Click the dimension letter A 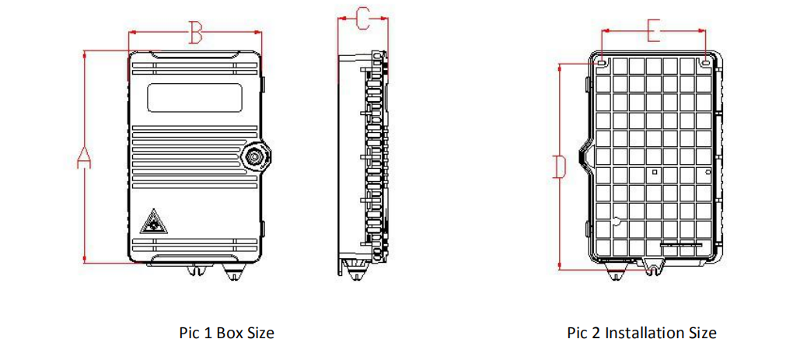[84, 157]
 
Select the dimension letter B [195, 33]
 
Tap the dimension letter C [363, 19]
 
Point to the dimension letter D [560, 166]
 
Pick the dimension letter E [653, 31]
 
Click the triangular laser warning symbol [152, 222]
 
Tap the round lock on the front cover [256, 156]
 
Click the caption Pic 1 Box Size [226, 333]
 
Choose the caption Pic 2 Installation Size [642, 333]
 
